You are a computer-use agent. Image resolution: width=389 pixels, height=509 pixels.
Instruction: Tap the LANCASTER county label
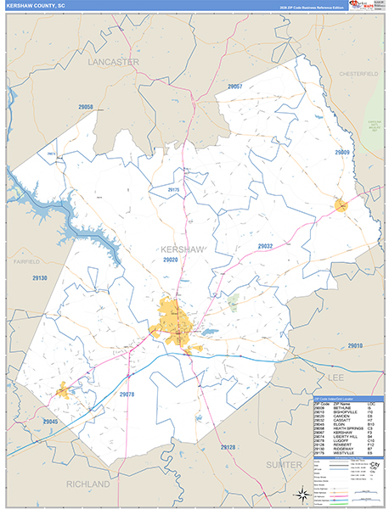113,62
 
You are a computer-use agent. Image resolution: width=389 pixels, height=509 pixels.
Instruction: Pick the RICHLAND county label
88,484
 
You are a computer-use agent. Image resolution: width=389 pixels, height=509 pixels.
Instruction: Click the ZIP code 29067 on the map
234,87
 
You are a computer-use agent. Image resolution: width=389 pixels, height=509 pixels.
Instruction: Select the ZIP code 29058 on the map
83,108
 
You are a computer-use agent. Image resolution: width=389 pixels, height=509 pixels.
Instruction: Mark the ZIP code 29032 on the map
265,246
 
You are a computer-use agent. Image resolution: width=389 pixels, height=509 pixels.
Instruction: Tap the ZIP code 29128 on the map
227,446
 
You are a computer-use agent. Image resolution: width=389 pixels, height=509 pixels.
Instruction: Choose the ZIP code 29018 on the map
355,345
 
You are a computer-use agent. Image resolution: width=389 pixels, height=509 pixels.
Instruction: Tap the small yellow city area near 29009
341,204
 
